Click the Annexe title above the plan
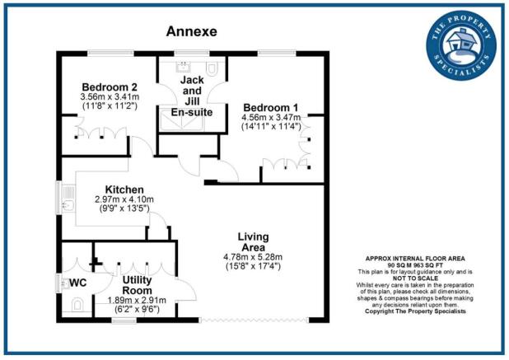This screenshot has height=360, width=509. [x=192, y=32]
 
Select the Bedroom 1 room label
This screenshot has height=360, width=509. [x=270, y=107]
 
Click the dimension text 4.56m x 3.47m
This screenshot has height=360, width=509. [x=271, y=118]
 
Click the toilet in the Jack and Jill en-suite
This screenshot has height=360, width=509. [x=212, y=68]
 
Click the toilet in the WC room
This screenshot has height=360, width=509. [x=76, y=306]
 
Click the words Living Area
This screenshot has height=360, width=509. [x=254, y=241]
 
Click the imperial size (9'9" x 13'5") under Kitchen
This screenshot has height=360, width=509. [x=124, y=209]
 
